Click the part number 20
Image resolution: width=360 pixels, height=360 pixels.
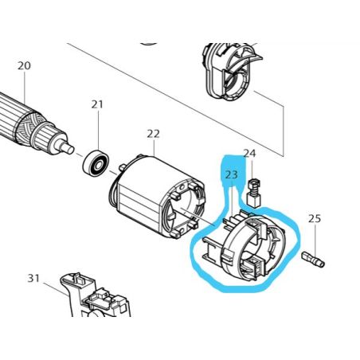click(x=24, y=65)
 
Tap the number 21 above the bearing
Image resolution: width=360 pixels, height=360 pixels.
click(x=97, y=104)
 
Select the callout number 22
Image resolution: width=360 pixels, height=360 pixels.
click(x=153, y=134)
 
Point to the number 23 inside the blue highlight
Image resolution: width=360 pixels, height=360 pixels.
click(x=232, y=174)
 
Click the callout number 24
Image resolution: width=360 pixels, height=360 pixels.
click(x=249, y=153)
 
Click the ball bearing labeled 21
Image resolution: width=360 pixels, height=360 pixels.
click(x=96, y=164)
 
